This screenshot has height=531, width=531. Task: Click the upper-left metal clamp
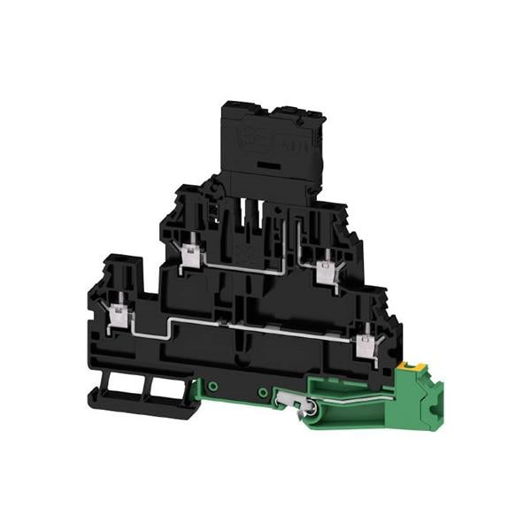tap(189, 258)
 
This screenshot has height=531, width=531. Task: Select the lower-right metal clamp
tap(363, 340)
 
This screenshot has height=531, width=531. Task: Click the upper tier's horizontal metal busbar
tap(257, 262)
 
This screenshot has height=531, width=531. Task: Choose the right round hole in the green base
tap(263, 390)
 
